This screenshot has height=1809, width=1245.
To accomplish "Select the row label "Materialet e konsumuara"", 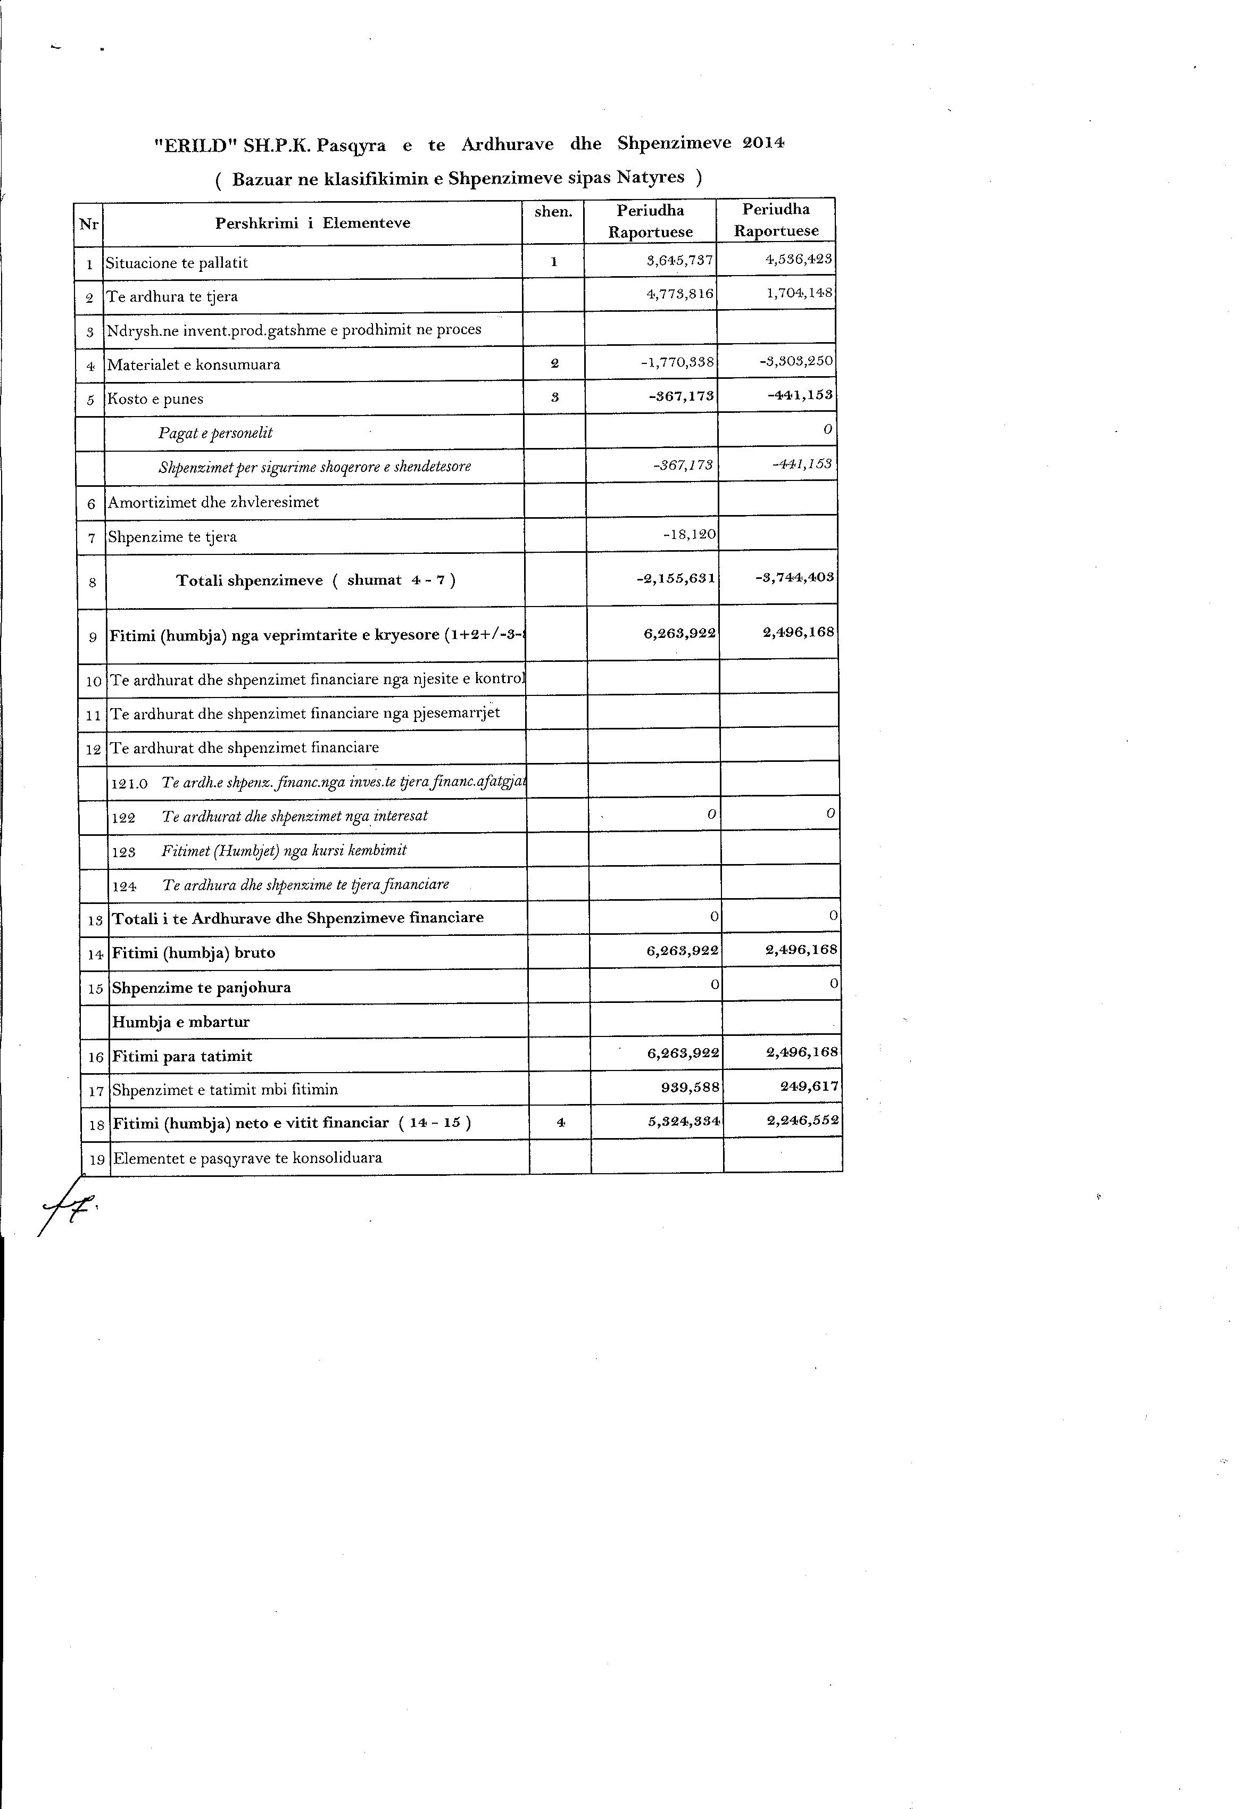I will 194,364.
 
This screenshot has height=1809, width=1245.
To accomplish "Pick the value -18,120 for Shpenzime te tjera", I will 690,535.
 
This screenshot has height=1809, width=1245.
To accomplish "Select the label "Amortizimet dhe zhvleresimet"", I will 214,502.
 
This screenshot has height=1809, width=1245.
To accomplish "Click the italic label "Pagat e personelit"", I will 215,433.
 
